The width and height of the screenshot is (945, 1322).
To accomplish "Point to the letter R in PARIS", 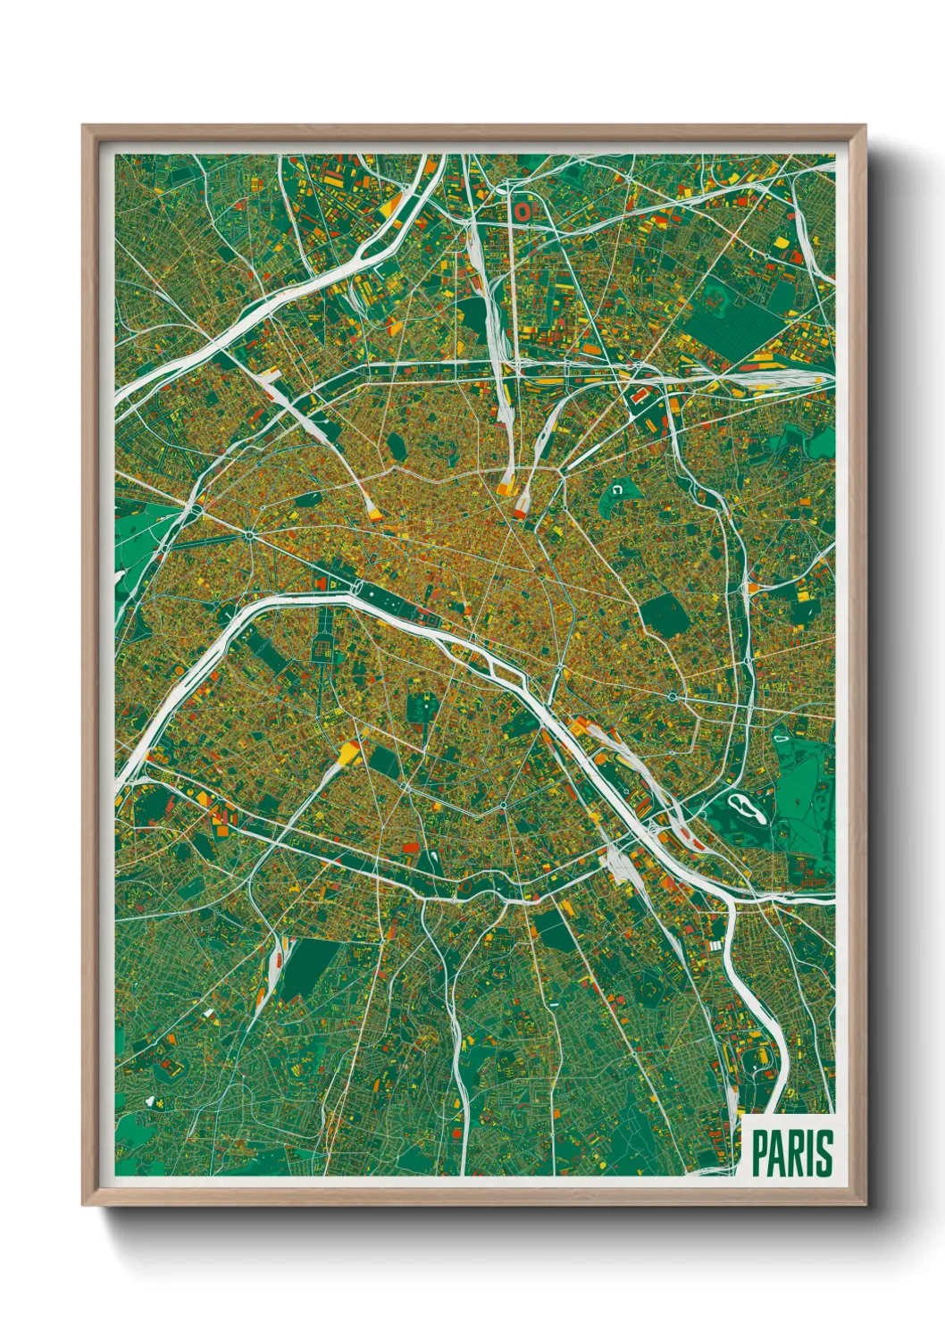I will [x=798, y=1154].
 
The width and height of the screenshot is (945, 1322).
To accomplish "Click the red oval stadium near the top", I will [x=521, y=212].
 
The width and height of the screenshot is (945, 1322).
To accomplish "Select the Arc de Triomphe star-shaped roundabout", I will [x=251, y=535].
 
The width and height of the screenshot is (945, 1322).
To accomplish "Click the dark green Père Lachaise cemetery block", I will [x=664, y=614].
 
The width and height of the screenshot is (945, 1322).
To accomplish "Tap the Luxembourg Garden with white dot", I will [x=420, y=706].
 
